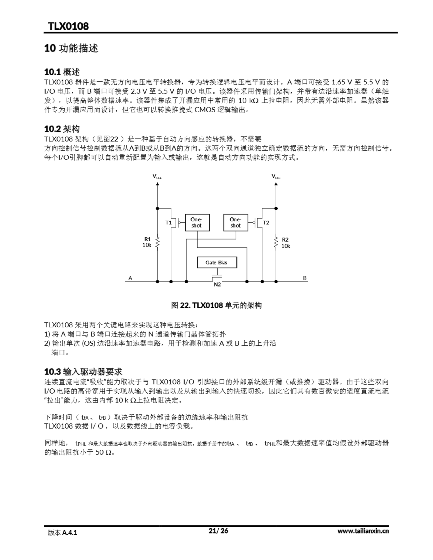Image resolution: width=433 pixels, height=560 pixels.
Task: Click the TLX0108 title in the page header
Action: [68, 26]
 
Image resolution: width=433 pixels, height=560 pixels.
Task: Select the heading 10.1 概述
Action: [62, 72]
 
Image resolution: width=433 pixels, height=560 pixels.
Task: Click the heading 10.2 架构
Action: [62, 129]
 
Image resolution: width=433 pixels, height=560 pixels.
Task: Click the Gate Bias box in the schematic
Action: [217, 262]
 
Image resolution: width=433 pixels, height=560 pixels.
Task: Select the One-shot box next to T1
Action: [197, 222]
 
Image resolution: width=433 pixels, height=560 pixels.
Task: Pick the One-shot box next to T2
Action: [235, 222]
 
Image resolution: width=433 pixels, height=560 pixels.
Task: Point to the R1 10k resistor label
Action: [147, 242]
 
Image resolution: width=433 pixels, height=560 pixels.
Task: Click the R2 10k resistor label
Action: [285, 243]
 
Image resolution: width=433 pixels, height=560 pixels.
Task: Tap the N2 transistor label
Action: [217, 284]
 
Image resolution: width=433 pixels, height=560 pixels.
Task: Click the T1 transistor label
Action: [168, 222]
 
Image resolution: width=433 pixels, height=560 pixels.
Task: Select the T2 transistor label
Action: [266, 222]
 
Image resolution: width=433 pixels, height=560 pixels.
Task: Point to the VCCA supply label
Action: [157, 176]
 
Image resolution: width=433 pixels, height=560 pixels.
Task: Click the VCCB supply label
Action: [276, 176]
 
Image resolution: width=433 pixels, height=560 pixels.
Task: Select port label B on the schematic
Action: [305, 278]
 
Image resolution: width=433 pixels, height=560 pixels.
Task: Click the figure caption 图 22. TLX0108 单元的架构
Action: [216, 305]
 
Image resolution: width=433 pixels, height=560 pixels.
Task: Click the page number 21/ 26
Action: [218, 531]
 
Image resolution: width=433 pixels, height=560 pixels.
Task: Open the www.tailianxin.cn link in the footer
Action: [363, 531]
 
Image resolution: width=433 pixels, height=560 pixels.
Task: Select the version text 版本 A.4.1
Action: [62, 533]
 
